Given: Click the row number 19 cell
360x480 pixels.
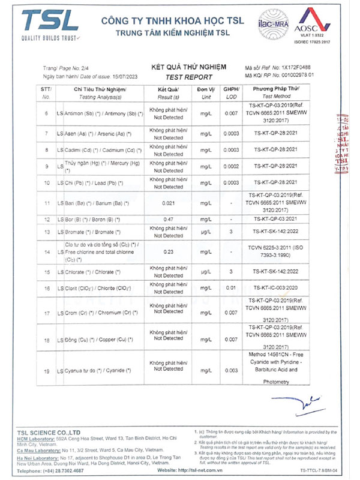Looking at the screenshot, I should coord(46,373).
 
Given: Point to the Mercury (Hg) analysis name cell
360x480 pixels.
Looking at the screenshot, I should coord(99,166).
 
